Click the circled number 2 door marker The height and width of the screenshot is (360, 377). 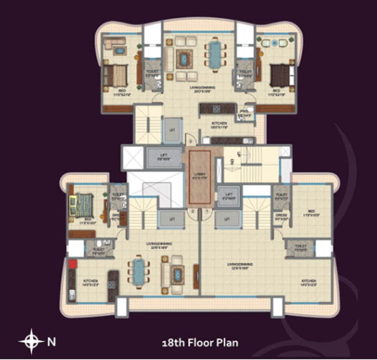coord(193,212)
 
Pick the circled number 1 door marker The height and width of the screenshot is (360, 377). coord(207,212)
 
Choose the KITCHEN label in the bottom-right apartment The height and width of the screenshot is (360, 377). coord(309,282)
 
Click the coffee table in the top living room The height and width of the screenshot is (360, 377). coord(186,58)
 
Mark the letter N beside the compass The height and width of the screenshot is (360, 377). coord(51,341)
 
